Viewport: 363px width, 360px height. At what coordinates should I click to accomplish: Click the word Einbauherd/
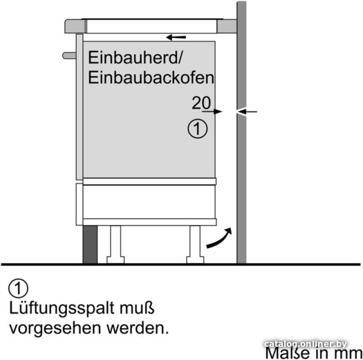(x=136, y=57)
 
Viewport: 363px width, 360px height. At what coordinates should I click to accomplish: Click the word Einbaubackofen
(x=151, y=78)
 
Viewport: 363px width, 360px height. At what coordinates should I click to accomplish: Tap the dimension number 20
(x=201, y=102)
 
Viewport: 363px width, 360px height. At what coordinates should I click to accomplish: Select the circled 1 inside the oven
(x=198, y=129)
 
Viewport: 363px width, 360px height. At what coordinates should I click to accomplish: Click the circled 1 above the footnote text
(x=18, y=288)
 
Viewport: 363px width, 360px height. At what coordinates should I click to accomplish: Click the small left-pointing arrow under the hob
(x=176, y=37)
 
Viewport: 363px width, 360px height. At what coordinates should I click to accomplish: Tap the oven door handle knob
(x=69, y=55)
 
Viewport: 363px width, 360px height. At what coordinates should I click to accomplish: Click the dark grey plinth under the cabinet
(x=90, y=244)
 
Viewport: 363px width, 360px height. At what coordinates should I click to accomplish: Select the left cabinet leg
(x=115, y=244)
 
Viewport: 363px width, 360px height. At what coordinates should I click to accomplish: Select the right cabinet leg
(x=195, y=244)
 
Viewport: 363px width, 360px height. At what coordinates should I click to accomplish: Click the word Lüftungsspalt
(x=62, y=309)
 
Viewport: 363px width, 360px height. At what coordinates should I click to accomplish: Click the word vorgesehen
(x=55, y=329)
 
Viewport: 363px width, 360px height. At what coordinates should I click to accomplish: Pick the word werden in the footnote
(x=138, y=328)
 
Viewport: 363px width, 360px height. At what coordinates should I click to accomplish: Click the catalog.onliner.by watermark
(x=306, y=344)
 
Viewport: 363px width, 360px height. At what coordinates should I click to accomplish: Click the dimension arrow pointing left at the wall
(x=247, y=111)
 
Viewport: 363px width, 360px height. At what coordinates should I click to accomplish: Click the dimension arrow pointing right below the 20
(x=212, y=111)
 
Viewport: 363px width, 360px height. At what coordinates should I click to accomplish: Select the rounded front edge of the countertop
(x=75, y=26)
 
